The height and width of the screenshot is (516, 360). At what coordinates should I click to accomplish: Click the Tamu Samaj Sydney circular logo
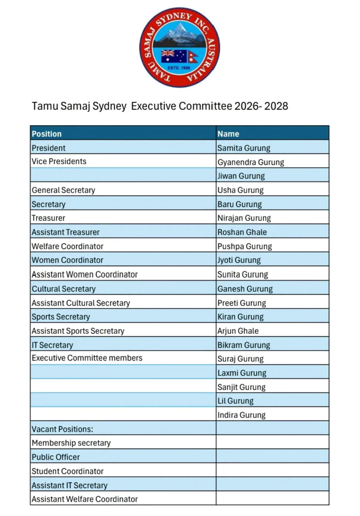pos(180,47)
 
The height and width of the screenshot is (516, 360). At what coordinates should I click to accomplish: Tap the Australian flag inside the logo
pos(174,56)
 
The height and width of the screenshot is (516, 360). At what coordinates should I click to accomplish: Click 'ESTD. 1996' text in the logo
pos(179,68)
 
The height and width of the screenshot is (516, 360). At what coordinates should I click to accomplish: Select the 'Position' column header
pos(46,134)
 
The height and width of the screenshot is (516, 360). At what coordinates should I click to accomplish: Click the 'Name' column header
pos(228,134)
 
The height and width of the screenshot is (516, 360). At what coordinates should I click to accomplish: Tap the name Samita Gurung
pos(244,148)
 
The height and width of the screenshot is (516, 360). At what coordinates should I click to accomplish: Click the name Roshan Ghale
pos(242,232)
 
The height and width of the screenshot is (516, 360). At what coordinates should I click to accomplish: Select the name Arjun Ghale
pos(238,331)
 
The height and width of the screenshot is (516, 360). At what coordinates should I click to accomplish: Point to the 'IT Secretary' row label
pos(52,345)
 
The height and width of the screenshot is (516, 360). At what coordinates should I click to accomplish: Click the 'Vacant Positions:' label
pos(62,429)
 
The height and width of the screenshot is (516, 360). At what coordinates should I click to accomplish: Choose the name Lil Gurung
pos(235,401)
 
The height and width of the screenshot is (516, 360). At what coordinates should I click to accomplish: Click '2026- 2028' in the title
pos(261,106)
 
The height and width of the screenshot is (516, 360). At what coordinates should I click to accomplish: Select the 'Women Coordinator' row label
pos(67,260)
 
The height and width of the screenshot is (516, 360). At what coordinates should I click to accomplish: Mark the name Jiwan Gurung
pos(241,176)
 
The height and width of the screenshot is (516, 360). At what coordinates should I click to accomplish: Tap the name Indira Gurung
pos(241,415)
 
